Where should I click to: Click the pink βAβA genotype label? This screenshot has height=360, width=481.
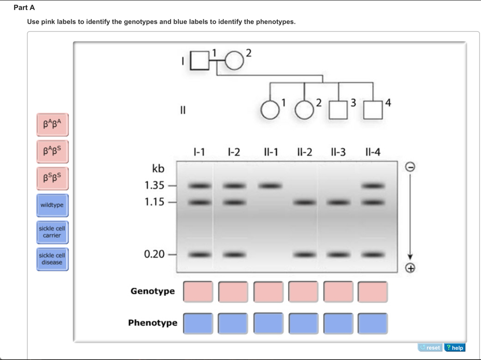(x=52, y=124)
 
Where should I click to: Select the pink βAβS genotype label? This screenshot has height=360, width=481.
(x=52, y=151)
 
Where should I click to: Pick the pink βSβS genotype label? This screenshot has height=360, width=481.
(x=52, y=178)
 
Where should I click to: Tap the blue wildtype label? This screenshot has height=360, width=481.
(x=52, y=205)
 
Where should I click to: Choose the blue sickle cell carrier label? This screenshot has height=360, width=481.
(x=52, y=232)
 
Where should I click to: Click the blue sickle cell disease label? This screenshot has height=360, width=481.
(x=52, y=258)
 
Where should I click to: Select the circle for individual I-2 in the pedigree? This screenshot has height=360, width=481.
(x=234, y=61)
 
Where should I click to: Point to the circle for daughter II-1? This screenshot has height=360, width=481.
(x=270, y=109)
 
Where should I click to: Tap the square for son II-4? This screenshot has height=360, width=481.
(x=372, y=109)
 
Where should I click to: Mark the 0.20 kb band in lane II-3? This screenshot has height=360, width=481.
(x=337, y=254)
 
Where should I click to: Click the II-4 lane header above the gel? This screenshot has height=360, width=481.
(x=372, y=152)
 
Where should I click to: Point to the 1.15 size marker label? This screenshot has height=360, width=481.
(x=154, y=202)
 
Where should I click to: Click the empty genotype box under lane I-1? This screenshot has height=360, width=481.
(x=198, y=292)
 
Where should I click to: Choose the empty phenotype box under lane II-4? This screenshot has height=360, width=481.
(x=372, y=323)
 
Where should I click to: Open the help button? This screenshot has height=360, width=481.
(x=455, y=348)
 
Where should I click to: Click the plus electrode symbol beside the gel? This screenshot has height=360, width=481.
(x=410, y=268)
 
